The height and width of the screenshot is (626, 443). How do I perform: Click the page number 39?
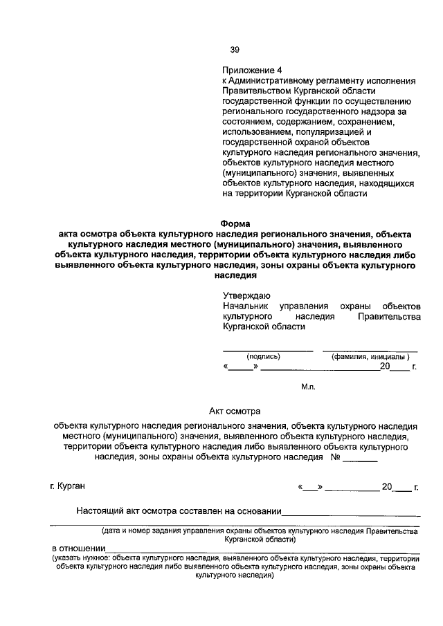(235, 49)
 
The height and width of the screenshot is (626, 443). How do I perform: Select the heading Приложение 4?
(253, 70)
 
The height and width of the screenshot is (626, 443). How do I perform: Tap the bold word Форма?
(235, 223)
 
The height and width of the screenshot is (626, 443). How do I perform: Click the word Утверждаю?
(246, 295)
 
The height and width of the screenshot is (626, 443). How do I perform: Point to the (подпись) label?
(264, 356)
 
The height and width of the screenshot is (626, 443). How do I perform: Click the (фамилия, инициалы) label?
(371, 356)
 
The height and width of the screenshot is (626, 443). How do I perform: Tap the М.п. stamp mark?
(308, 387)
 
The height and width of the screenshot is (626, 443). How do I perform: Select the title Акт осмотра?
(234, 410)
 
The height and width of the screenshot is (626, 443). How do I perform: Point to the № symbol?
(335, 457)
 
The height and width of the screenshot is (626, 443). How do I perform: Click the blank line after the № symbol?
(360, 459)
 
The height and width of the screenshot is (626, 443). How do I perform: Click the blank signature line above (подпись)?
(267, 350)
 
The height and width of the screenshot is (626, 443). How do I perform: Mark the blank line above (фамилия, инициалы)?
(370, 350)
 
